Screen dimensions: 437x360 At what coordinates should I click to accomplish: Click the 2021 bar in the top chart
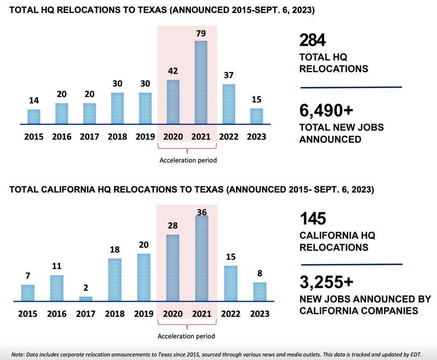click(201, 82)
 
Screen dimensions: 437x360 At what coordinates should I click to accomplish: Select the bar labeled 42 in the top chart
click(173, 102)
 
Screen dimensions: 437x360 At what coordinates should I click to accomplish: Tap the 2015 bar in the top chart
click(34, 117)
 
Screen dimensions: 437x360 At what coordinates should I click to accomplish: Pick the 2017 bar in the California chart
click(86, 299)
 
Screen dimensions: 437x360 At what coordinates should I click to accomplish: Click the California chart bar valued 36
click(202, 258)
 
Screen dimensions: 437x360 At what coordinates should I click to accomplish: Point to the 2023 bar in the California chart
click(260, 292)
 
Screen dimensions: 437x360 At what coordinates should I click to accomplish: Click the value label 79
click(201, 34)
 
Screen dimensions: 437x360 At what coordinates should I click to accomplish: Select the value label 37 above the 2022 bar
click(229, 75)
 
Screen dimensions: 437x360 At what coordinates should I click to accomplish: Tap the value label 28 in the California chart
click(173, 225)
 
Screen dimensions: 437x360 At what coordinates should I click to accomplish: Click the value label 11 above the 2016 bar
click(57, 266)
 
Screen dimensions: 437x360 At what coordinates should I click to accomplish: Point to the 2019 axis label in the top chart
click(145, 136)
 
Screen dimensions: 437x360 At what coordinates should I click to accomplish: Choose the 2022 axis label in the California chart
click(231, 314)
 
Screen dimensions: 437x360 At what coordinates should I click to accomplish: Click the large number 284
click(312, 40)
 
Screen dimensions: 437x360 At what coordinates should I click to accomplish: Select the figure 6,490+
click(326, 110)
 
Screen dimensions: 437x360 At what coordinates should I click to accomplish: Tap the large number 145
click(313, 218)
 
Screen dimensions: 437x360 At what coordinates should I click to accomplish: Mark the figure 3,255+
click(327, 282)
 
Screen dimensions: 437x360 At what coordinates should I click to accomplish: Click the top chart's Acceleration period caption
click(188, 160)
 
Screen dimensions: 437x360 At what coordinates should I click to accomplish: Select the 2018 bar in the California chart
click(115, 280)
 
